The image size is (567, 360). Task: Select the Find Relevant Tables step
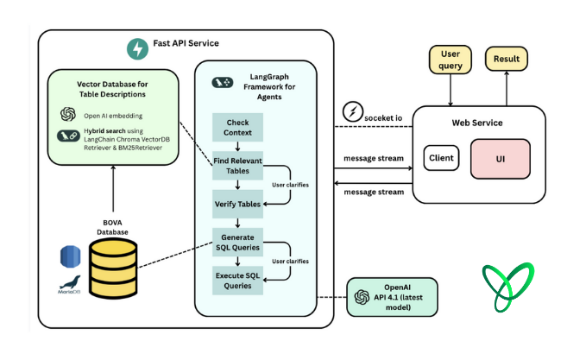(237, 166)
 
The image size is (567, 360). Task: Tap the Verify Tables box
(237, 204)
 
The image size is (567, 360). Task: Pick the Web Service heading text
(477, 122)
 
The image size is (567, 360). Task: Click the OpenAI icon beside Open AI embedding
(68, 114)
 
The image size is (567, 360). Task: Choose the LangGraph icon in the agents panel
(221, 81)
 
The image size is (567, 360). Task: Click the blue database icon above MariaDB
(71, 255)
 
